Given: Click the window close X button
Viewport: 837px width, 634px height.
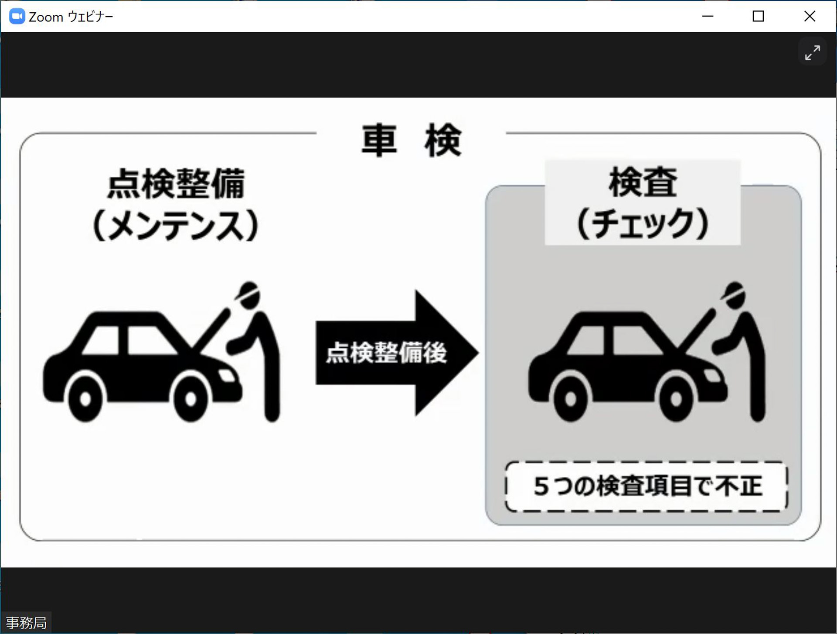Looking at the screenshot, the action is click(810, 16).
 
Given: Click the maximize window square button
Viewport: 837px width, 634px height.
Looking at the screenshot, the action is click(758, 16).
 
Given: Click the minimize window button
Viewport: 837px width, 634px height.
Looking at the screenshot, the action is click(708, 16).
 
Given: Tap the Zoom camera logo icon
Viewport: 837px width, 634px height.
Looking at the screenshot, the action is click(17, 16).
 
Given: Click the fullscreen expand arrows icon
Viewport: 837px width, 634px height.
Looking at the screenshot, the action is click(812, 52).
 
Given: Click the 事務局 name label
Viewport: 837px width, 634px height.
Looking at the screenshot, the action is click(26, 623).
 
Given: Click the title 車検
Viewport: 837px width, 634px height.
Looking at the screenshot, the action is click(411, 140).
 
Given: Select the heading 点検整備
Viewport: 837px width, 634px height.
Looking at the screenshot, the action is click(176, 184).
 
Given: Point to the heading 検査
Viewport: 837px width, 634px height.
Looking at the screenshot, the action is click(643, 182).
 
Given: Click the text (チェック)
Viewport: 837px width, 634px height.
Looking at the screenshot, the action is click(643, 223).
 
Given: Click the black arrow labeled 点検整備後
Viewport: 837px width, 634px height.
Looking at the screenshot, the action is click(397, 353).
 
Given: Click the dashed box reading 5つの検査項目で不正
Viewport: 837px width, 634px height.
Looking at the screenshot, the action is click(646, 486).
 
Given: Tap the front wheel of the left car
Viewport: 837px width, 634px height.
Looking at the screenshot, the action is click(191, 398).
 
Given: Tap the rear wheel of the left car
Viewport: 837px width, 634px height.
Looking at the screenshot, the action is click(85, 398).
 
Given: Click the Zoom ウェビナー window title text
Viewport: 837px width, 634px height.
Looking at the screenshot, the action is click(71, 17).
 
